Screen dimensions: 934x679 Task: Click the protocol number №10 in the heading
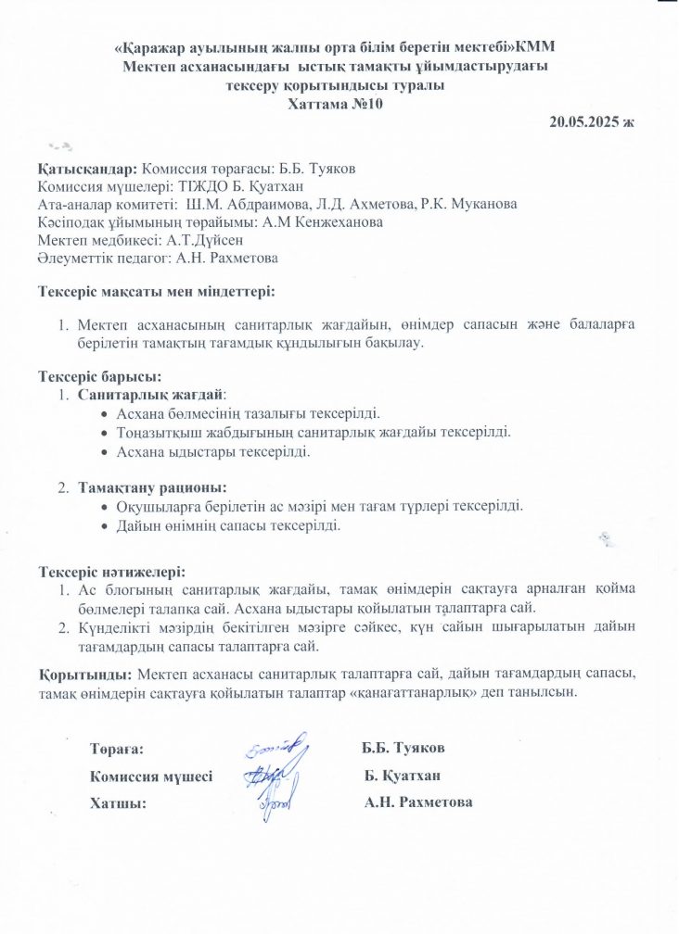(x=365, y=104)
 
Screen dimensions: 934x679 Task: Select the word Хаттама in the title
(x=319, y=104)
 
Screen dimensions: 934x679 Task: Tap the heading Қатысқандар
(x=88, y=170)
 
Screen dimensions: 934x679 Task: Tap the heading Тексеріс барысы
(x=99, y=376)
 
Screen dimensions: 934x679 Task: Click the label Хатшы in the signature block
(x=118, y=802)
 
